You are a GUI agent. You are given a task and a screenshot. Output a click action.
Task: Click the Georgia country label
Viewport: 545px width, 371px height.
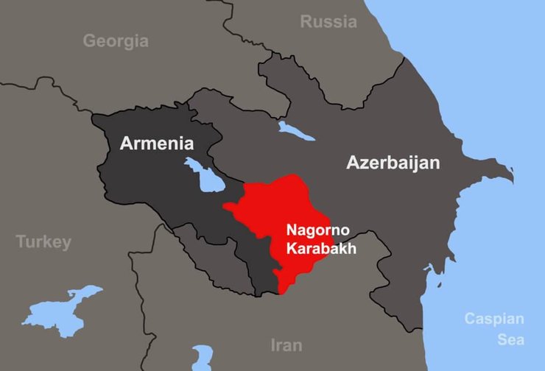point(115,40)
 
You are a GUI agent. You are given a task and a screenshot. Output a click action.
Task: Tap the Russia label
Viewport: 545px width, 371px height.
point(328,22)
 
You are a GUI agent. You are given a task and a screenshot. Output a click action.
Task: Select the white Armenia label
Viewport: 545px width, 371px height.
point(156,144)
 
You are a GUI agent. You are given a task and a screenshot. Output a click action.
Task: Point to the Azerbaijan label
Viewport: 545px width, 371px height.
point(393,163)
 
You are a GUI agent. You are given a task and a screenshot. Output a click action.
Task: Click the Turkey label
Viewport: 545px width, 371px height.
point(43,242)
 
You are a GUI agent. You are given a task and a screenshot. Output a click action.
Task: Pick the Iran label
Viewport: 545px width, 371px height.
point(286,345)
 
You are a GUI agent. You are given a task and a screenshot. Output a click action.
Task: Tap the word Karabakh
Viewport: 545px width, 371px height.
point(322,249)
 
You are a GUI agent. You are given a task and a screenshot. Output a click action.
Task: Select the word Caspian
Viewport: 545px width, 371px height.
point(494,319)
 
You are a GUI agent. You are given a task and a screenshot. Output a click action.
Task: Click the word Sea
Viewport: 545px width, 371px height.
point(510,339)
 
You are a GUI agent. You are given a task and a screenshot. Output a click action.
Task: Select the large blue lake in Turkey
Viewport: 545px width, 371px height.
point(63,310)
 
